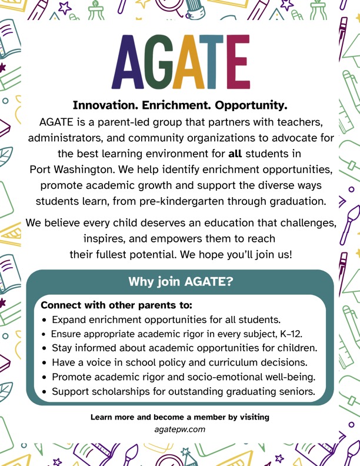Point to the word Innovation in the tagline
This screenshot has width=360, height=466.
(101, 106)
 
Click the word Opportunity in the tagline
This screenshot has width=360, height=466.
(251, 106)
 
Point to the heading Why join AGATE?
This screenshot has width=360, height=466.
(181, 282)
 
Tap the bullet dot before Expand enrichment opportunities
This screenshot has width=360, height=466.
(45, 321)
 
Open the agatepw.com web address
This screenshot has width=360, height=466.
(180, 430)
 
